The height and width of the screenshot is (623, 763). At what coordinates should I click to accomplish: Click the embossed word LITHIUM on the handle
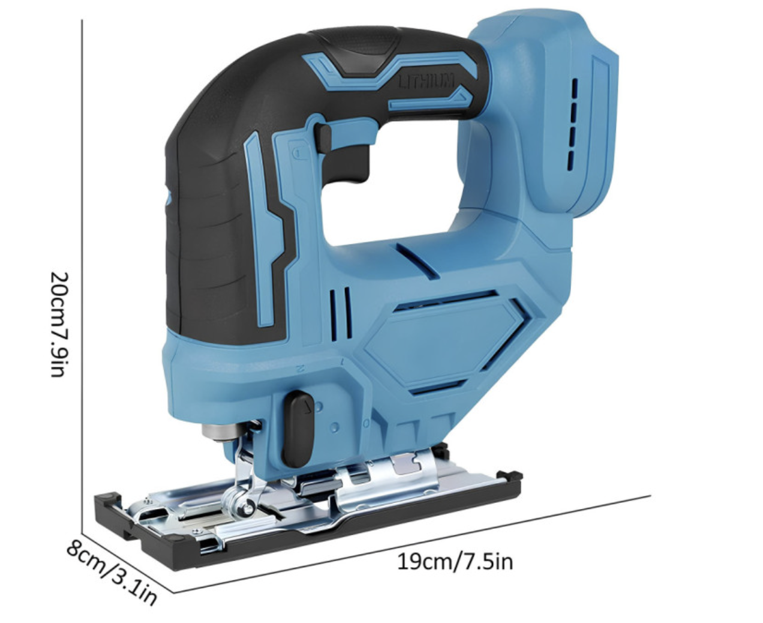tap(426, 80)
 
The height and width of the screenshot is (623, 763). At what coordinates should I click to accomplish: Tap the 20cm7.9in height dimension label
tap(58, 324)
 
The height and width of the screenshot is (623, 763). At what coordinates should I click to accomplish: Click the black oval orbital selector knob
tap(298, 429)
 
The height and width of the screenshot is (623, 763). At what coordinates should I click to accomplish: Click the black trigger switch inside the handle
tap(347, 163)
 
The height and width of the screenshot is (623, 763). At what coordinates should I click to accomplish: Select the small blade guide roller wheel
tap(248, 508)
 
